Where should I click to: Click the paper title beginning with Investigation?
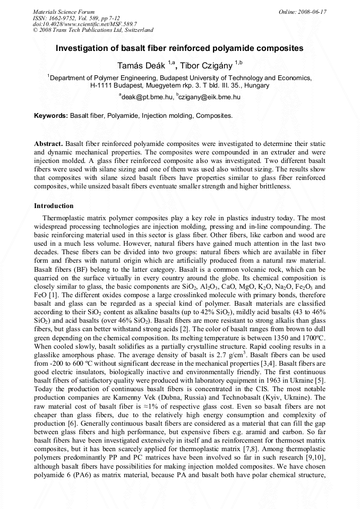pos(179,48)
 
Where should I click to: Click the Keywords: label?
pos(51,115)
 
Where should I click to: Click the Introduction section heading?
pos(54,206)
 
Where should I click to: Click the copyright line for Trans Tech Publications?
pos(93,30)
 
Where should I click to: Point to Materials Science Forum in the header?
pos(64,12)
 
